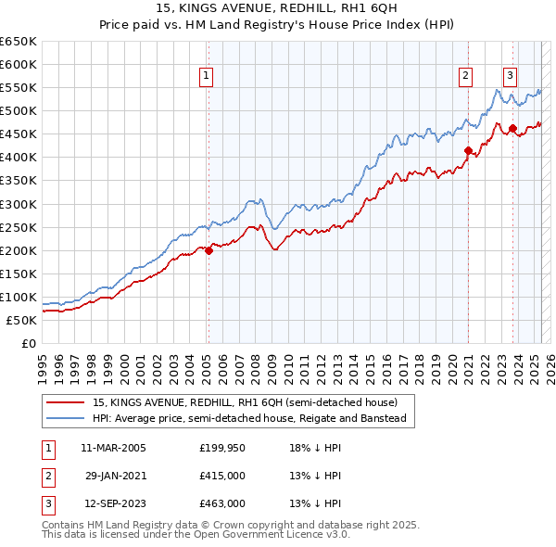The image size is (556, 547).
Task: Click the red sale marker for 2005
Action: coord(208,249)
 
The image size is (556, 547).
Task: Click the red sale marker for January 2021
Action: coord(468,149)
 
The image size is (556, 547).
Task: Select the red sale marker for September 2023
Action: coord(512,128)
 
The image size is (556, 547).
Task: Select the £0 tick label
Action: coord(30,343)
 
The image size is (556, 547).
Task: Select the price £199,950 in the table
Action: coord(221,448)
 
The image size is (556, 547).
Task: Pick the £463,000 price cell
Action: coord(221,503)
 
